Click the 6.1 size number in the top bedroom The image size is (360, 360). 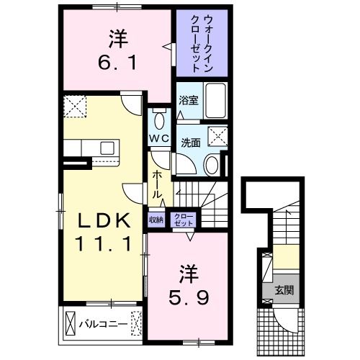coord(114,63)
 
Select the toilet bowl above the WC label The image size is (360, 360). coord(160,119)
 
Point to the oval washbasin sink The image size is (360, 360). coord(212,165)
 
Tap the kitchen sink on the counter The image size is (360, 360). coord(107,148)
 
